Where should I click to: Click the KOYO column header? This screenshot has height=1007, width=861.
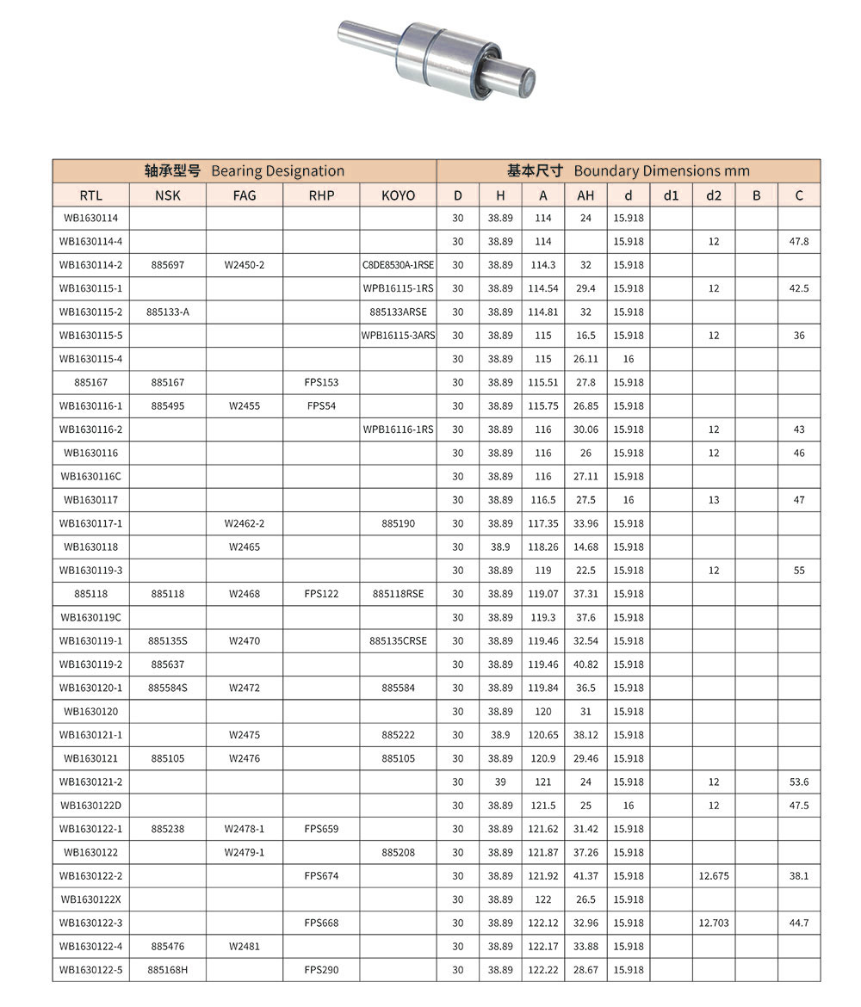click(398, 195)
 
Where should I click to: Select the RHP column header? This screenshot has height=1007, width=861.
click(321, 195)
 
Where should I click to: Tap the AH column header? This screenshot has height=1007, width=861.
click(585, 195)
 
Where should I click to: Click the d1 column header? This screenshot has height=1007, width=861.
click(671, 195)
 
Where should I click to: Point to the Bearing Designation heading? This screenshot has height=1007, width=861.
click(245, 171)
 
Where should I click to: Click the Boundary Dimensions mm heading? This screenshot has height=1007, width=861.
click(629, 171)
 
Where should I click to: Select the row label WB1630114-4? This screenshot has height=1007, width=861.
click(90, 242)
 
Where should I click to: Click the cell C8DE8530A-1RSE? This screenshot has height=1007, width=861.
click(398, 265)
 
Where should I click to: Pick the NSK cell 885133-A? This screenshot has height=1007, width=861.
click(168, 312)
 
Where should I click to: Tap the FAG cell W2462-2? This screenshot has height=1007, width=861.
click(245, 523)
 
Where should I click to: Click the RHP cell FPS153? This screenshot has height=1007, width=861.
click(321, 382)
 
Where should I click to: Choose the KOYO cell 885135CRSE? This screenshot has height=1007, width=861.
click(398, 641)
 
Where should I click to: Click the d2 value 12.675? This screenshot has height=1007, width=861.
click(714, 876)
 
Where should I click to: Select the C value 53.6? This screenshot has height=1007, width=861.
click(799, 782)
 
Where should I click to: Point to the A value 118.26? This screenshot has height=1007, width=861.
click(543, 547)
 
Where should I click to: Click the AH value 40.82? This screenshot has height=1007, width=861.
click(585, 664)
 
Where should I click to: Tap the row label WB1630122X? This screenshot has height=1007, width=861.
click(90, 899)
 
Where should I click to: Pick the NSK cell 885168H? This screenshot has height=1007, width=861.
click(168, 970)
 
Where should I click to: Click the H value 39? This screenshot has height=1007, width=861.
click(500, 782)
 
